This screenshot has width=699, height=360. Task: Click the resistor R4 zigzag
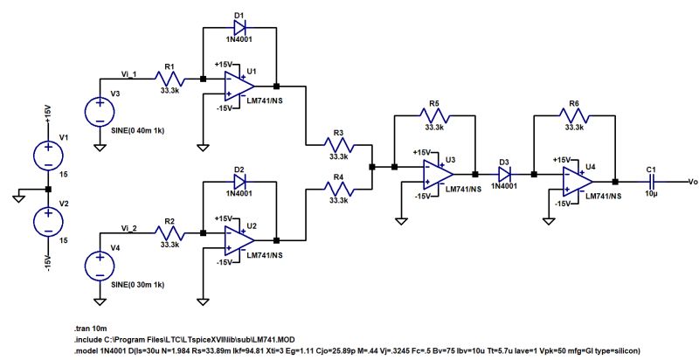click(339, 188)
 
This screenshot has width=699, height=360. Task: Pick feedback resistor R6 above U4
click(574, 114)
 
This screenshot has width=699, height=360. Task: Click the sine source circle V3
click(100, 113)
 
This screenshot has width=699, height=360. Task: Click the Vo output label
click(692, 181)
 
